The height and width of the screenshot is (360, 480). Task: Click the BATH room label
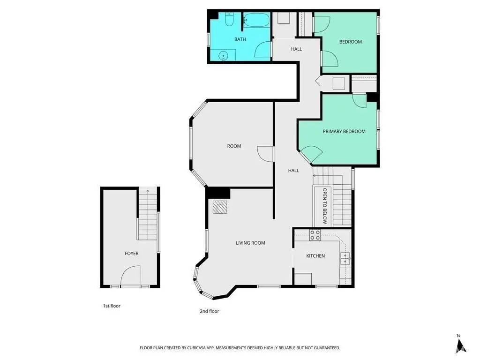pos(240,39)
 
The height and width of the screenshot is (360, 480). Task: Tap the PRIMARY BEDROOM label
pos(344,131)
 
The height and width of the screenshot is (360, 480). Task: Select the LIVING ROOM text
pos(250,243)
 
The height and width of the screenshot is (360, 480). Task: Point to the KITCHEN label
pos(315,256)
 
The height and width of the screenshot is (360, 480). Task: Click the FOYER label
pos(132,254)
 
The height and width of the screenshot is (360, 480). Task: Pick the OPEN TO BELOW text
pos(325,206)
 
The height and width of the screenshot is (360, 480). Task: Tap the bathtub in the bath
pos(256,20)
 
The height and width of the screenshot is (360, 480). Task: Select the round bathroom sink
pos(224,56)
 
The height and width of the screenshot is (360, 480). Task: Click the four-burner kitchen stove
pos(315,235)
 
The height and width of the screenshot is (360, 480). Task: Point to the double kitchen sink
pos(345,259)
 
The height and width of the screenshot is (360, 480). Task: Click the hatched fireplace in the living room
pos(220,207)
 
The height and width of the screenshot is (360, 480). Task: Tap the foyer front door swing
pos(130,276)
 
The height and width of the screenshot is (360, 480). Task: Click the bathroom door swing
pos(262,49)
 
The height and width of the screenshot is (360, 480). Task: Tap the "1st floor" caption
pos(112,306)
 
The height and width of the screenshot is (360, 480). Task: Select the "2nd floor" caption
pos(210,311)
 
